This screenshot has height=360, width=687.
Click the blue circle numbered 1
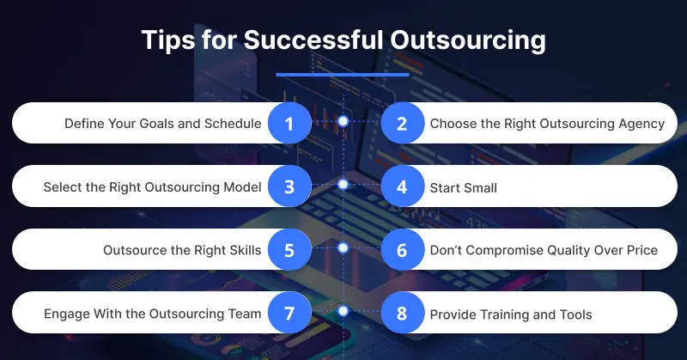(289, 123)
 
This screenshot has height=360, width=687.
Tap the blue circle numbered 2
(401, 123)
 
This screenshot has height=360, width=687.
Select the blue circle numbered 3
(289, 186)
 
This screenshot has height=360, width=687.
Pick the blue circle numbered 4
(401, 186)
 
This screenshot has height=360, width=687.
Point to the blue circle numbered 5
(289, 250)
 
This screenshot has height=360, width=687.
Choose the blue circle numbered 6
(401, 250)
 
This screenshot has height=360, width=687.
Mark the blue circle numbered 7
(289, 314)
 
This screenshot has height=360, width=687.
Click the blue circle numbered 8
(401, 314)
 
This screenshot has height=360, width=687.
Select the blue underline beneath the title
(343, 75)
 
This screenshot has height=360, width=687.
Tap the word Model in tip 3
(242, 187)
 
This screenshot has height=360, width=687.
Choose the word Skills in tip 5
(242, 251)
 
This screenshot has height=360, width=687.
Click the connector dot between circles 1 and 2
(343, 122)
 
